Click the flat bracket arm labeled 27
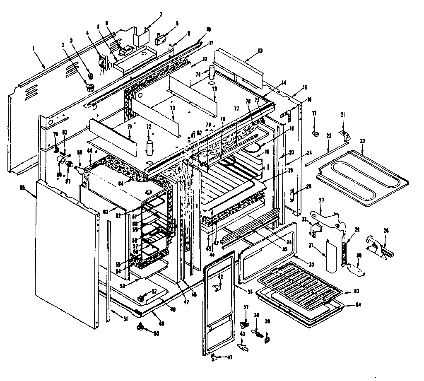[328, 218]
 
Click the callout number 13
[260, 51]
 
